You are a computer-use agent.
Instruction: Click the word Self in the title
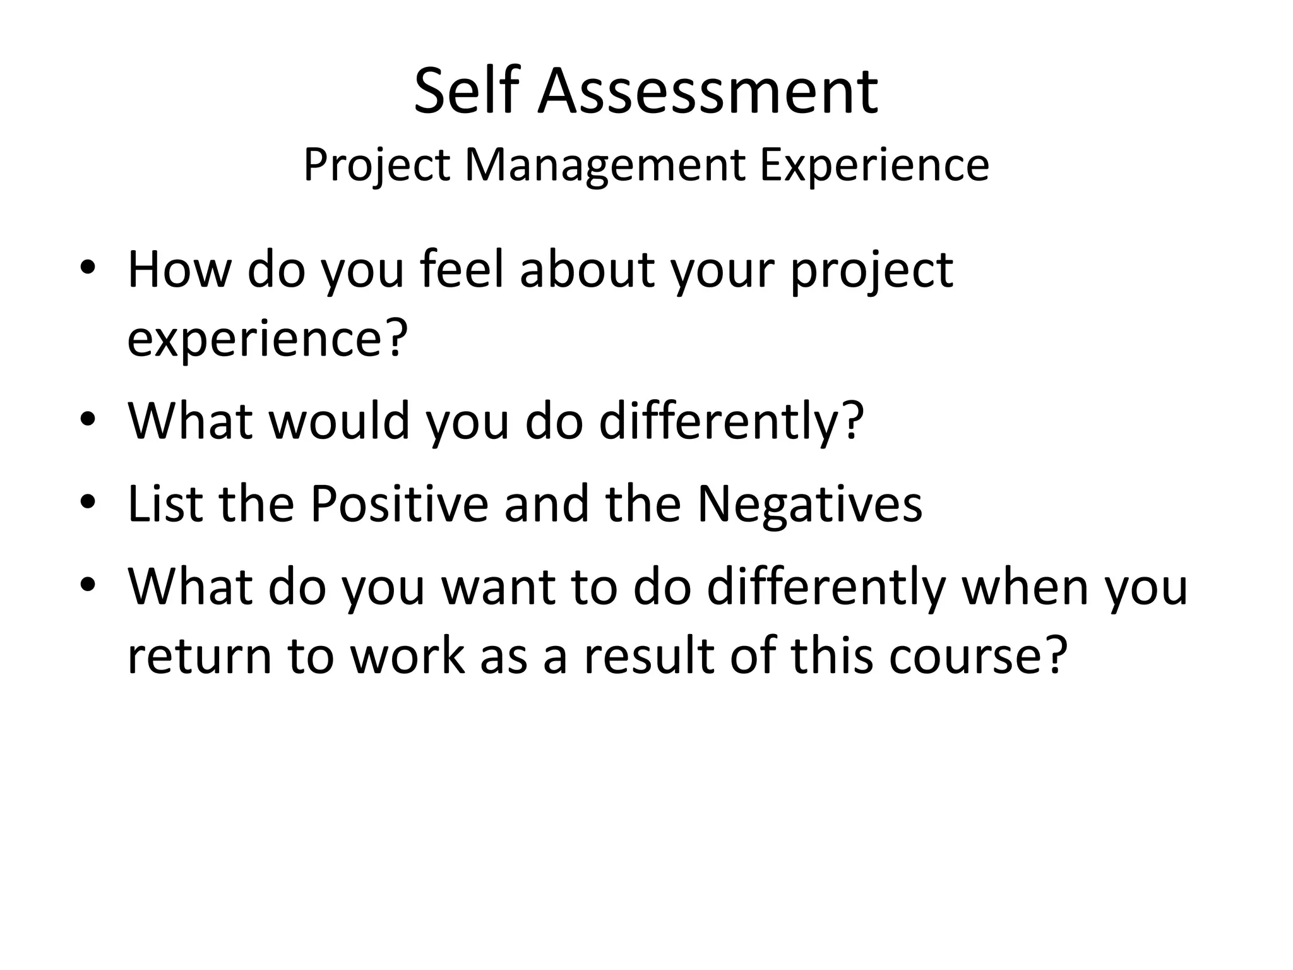466,92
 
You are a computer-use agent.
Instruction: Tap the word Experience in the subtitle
874,165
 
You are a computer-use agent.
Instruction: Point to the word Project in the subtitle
377,165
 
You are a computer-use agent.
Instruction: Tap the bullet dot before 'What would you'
88,420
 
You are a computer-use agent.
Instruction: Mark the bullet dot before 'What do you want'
88,585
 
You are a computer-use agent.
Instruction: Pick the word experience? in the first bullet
265,338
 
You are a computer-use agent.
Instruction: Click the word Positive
400,503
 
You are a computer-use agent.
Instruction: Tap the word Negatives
809,503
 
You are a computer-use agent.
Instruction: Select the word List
165,503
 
